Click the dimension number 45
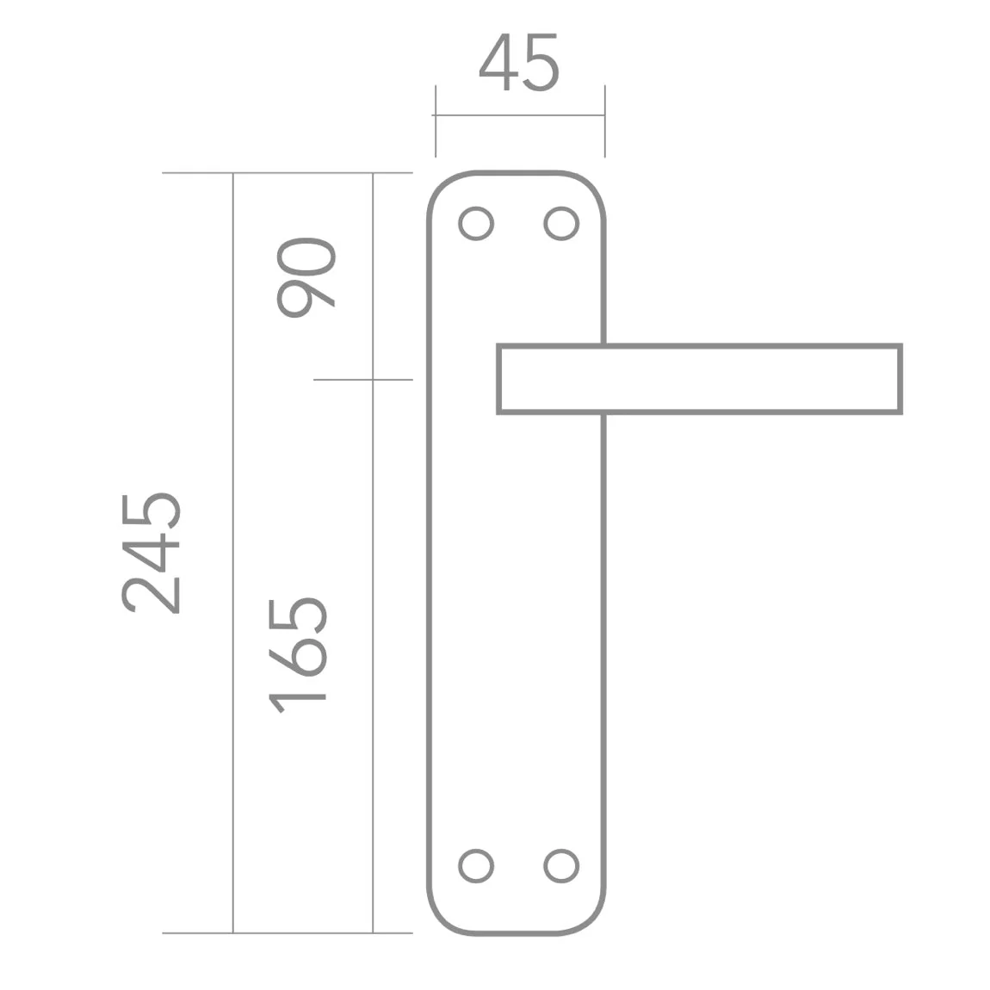[x=519, y=62]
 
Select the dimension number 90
[x=306, y=278]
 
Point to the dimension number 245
[x=151, y=553]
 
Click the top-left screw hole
[x=476, y=224]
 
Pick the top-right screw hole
[x=561, y=224]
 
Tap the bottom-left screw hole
[x=476, y=866]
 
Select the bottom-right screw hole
[x=561, y=866]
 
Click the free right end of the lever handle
[x=900, y=379]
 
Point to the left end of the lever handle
[x=498, y=379]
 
